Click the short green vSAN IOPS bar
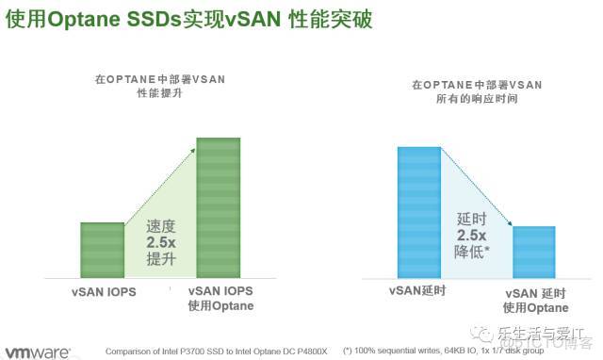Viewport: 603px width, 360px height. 102,250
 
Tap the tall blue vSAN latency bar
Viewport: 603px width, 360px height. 418,212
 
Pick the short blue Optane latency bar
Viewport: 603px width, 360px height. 533,252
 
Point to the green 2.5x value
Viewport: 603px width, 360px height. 160,243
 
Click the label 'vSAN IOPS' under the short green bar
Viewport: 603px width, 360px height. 104,292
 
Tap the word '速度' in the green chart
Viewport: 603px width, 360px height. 160,227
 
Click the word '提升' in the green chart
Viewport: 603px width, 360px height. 160,259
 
